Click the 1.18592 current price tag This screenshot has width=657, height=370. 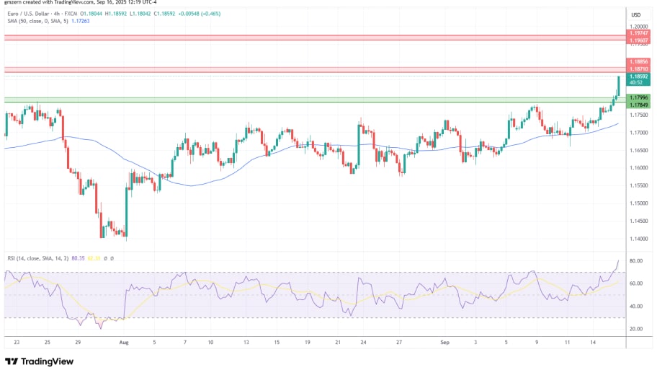click(638, 76)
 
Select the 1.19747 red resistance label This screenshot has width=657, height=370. click(638, 34)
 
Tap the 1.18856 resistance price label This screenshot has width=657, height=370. click(638, 62)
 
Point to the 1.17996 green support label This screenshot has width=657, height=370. click(638, 97)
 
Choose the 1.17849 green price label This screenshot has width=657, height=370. click(638, 105)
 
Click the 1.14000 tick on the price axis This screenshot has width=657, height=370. click(638, 238)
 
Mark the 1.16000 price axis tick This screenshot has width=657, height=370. click(638, 167)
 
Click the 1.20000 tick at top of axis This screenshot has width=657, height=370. click(638, 26)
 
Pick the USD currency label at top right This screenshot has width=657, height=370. click(636, 14)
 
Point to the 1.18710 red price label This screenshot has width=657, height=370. click(638, 69)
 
